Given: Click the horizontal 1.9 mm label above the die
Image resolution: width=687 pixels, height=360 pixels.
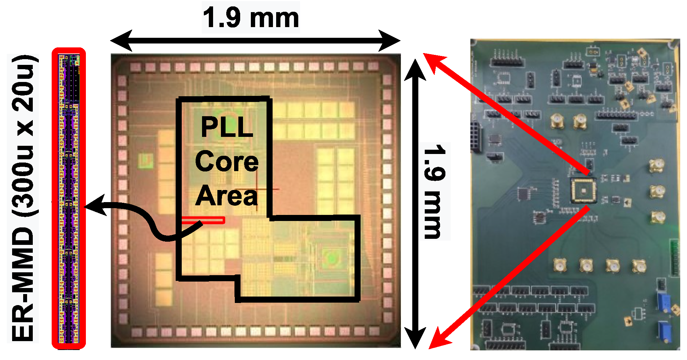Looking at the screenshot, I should [250, 18].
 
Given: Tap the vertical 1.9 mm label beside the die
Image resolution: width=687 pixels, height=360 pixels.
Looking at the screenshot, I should [435, 191].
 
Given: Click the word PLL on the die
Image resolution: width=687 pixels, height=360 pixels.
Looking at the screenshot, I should [227, 127].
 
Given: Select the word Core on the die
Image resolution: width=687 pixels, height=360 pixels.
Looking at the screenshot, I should [227, 161].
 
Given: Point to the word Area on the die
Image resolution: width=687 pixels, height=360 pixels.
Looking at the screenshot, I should [227, 196].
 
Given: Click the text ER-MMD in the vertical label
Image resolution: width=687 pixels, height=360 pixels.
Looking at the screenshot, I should [23, 285].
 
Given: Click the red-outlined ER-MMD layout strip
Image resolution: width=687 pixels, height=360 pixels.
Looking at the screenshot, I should [69, 198].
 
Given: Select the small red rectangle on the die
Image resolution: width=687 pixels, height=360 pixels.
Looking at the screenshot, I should [203, 220].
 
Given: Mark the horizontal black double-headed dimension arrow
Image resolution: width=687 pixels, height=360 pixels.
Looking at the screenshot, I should [255, 41].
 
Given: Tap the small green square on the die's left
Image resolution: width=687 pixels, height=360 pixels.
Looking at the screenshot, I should [145, 161].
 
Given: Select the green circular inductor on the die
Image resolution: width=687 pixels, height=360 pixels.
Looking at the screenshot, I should [332, 257].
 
